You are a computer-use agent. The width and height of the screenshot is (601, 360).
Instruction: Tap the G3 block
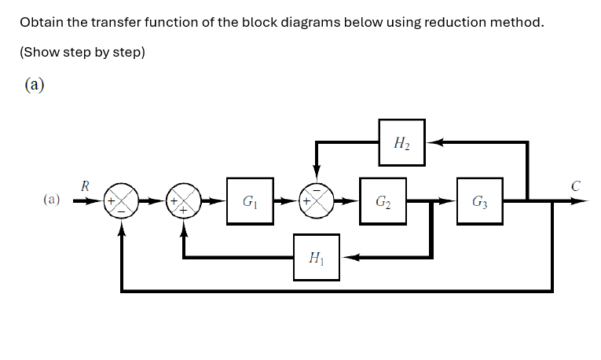coord(479,200)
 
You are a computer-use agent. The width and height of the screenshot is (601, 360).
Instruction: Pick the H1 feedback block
coord(317,257)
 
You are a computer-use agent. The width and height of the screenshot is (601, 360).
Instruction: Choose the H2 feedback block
coord(401,143)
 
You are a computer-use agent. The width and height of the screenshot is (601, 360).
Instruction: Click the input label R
coord(85,186)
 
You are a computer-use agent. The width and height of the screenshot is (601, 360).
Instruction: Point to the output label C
coord(576,186)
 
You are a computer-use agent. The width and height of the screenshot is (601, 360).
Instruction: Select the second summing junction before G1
coord(184,201)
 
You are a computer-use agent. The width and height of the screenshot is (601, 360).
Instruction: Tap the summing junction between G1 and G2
coord(317,201)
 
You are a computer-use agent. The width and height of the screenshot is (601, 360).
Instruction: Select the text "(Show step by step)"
coord(82,53)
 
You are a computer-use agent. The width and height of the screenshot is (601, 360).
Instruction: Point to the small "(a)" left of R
coord(52,200)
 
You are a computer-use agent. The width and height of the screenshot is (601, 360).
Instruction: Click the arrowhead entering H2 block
coord(431,143)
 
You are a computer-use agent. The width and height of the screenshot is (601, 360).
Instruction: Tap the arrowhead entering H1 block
coord(346,257)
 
